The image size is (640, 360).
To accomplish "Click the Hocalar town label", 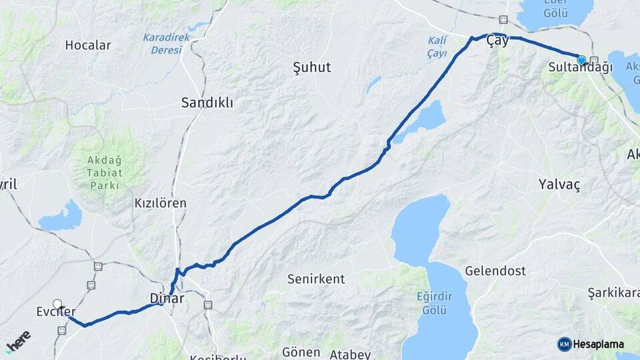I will click(x=88, y=45).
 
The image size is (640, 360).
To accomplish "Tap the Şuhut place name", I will click(x=311, y=67).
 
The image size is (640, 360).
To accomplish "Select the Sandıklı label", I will click(x=207, y=103).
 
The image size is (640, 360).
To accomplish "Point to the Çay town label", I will click(x=497, y=41).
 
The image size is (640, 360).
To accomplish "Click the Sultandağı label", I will click(x=571, y=68).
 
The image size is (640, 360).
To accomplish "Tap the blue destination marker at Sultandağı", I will click(x=581, y=60).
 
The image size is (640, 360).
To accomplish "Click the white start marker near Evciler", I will click(x=57, y=304).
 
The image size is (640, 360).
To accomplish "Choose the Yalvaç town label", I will click(x=559, y=185).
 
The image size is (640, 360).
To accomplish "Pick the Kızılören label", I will click(x=160, y=203).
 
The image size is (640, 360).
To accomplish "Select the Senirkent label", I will click(x=316, y=279).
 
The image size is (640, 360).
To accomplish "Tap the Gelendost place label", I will click(x=495, y=271).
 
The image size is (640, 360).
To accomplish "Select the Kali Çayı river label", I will click(x=437, y=47).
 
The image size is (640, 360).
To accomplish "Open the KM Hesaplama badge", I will click(x=591, y=344).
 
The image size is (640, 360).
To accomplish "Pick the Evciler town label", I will click(x=56, y=311).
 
